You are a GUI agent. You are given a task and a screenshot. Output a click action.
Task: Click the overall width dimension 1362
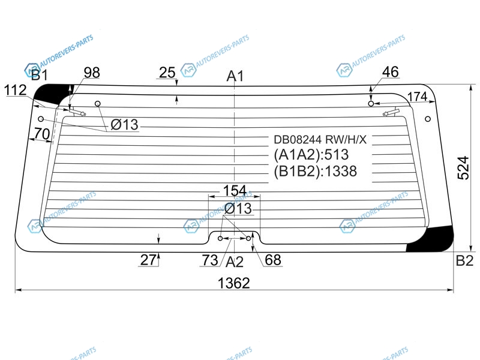click(233, 283)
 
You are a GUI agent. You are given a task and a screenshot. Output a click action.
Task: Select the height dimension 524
click(463, 168)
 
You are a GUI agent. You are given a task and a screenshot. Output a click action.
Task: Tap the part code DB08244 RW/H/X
click(320, 140)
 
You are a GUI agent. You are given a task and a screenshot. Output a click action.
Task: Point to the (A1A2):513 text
click(311, 155)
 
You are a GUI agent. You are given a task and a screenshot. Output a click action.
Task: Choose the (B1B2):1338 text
click(316, 171)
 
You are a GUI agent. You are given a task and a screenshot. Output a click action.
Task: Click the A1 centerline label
click(235, 76)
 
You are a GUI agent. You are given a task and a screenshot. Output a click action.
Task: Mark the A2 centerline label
click(235, 262)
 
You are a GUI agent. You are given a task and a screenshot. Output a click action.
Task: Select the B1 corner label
click(40, 75)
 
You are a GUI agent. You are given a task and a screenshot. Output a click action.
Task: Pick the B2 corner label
click(464, 260)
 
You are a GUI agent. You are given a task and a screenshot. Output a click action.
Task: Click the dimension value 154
click(235, 190)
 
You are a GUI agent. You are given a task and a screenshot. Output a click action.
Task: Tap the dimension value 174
click(417, 97)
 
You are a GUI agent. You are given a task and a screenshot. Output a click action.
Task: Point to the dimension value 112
click(16, 91)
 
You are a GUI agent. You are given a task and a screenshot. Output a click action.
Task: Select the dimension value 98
click(92, 73)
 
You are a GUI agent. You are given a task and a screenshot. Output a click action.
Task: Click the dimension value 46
click(391, 72)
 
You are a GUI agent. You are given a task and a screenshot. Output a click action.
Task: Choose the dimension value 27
click(148, 260)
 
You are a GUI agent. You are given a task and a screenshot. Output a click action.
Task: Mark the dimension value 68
click(273, 260)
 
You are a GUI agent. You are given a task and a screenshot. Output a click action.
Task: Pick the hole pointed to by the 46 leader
click(371, 104)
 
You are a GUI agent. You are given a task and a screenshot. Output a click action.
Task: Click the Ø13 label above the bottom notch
click(238, 208)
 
